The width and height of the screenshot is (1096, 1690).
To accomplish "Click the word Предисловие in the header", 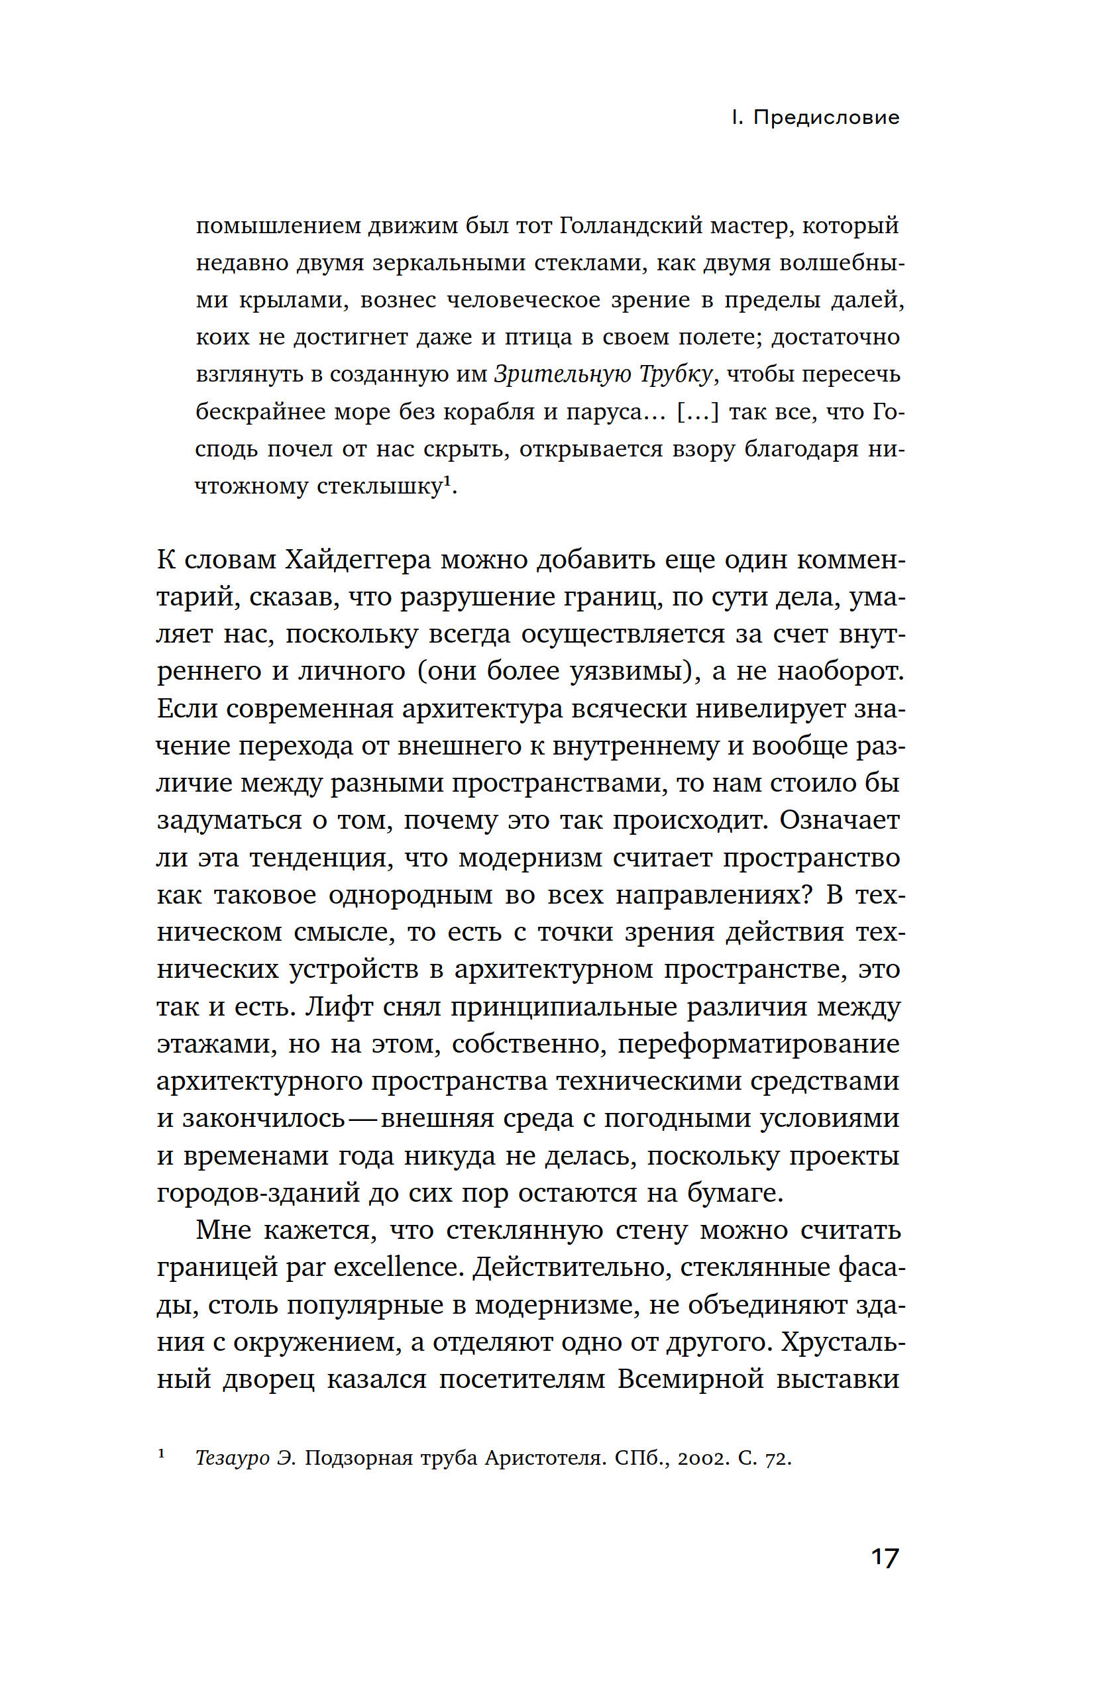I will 826,117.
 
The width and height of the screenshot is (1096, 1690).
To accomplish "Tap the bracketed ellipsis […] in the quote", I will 698,412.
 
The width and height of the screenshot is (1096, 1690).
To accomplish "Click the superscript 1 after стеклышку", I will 447,482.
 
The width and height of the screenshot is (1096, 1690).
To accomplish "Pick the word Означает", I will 840,819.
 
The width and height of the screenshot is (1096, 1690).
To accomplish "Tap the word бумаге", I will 734,1193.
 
